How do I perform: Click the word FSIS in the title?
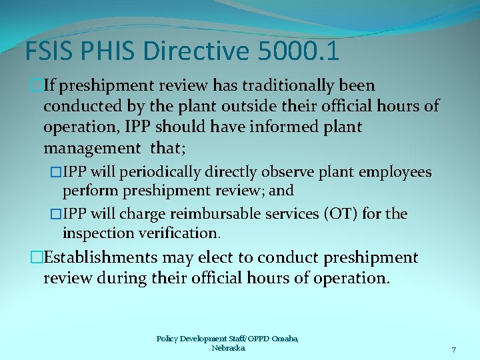(x=47, y=51)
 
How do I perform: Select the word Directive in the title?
(x=192, y=51)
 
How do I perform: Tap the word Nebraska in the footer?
(x=228, y=348)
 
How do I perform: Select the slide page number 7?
(x=454, y=350)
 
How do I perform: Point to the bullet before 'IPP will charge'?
(x=55, y=214)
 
